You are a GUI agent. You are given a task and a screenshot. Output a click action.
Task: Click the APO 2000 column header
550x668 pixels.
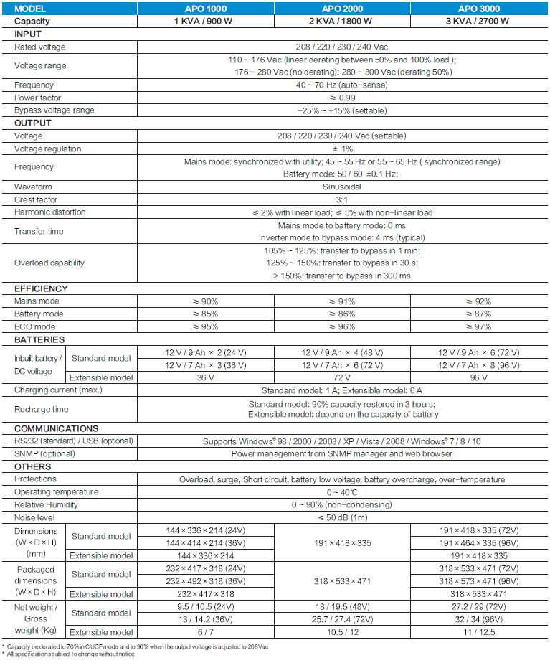pos(341,9)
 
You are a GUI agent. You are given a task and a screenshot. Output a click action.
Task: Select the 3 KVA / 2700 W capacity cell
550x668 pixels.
pos(478,21)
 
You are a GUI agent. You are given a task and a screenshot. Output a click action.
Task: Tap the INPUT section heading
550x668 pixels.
pos(28,34)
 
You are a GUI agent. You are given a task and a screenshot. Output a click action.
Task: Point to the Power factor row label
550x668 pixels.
pos(38,98)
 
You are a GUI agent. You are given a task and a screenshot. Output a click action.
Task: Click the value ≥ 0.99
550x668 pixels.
pos(341,98)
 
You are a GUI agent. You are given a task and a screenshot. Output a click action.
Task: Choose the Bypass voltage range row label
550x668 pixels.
pos(54,110)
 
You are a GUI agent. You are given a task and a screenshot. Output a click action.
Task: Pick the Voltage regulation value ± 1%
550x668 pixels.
pos(341,149)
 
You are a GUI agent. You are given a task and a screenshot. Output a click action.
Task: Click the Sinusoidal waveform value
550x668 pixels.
pos(341,187)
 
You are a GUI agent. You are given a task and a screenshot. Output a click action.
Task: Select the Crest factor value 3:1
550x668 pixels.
pos(341,199)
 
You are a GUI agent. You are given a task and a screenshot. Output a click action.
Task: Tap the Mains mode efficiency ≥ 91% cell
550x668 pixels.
pos(341,301)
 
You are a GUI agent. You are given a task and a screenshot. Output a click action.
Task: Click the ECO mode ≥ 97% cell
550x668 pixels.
pos(478,326)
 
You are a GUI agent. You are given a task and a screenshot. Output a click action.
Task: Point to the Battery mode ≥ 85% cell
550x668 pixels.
pos(205,314)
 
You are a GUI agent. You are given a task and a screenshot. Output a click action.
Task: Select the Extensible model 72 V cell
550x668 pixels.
pos(341,377)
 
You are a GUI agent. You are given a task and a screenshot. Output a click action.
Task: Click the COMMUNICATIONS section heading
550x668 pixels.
pos(57,428)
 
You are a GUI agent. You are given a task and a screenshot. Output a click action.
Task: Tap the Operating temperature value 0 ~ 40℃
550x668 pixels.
pos(341,492)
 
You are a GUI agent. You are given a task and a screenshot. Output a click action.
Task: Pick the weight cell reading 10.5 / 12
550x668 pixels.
pos(341,632)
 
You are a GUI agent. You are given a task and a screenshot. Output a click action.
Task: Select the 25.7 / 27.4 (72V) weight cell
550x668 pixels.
pos(341,619)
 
